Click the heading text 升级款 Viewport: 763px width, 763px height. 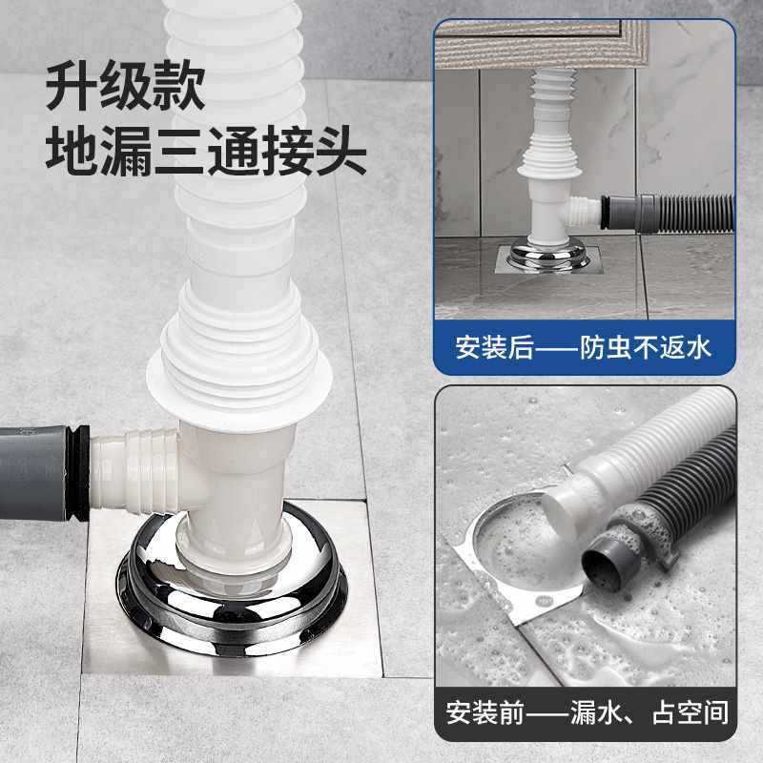pos(127,89)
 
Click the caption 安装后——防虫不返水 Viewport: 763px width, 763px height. pos(583,345)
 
